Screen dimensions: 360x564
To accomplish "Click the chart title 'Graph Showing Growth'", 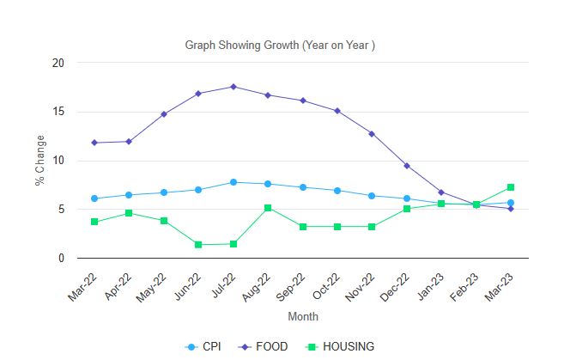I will coord(281,45).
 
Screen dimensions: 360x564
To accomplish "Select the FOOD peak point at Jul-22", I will coord(233,87).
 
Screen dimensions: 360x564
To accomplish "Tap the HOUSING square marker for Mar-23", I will coord(511,187).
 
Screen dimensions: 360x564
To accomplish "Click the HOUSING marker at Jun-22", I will coord(198,245).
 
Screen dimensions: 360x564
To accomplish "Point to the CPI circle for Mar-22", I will coord(94,198).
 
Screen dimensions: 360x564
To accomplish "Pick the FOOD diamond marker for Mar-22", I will coord(94,143).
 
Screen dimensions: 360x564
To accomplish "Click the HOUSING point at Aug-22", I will coord(268,208).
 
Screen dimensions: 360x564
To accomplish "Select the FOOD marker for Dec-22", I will coord(407,166).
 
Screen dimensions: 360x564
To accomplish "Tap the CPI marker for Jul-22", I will coord(233,182).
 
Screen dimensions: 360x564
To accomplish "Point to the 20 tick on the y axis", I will coord(58,63).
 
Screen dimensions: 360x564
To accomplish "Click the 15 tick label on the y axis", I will coord(58,112).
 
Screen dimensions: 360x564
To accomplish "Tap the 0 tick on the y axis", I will coord(61,258).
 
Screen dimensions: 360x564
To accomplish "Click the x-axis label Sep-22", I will coord(292,283).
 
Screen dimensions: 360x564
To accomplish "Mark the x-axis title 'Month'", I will coord(303,316).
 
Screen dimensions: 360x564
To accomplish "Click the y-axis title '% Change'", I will coord(39,161).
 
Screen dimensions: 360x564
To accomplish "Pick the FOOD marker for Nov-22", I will coord(372,134).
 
